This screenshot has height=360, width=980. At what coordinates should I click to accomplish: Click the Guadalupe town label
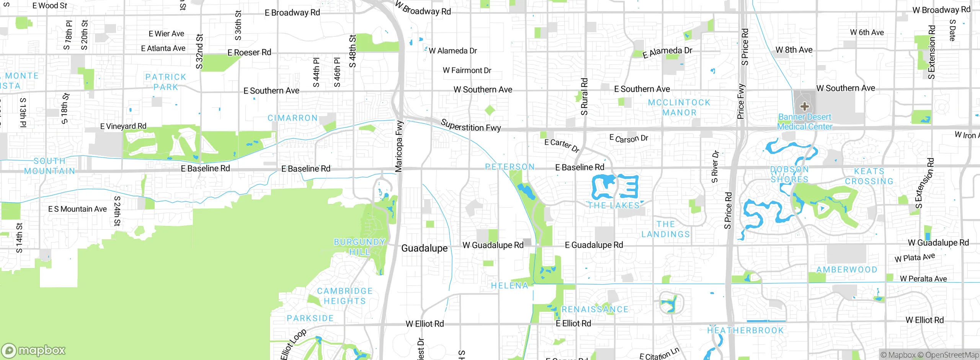click(424, 249)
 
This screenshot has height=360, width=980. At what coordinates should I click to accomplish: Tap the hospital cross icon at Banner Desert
click(804, 106)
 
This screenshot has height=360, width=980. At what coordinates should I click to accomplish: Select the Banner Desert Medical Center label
click(805, 122)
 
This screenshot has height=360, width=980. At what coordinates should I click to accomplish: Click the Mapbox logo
click(34, 350)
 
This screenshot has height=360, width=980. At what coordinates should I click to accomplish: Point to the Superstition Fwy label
click(470, 126)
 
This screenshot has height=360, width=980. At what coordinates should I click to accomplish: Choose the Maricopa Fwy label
click(399, 146)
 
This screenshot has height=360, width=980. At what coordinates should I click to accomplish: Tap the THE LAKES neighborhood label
click(614, 206)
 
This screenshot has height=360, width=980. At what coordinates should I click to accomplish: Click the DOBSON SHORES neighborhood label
click(789, 174)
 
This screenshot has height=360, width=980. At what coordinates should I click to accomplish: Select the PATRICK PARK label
click(166, 82)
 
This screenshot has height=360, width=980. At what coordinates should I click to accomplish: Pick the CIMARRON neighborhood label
click(292, 118)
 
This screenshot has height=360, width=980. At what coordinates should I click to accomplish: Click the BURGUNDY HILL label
click(359, 247)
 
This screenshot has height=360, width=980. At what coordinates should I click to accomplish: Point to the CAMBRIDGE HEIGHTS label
click(345, 296)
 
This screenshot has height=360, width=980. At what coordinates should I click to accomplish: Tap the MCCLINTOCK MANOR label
click(679, 108)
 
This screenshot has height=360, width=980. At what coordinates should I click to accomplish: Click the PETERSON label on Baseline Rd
click(510, 167)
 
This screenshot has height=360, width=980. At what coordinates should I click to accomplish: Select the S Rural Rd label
click(584, 97)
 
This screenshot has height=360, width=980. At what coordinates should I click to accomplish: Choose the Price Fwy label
click(741, 101)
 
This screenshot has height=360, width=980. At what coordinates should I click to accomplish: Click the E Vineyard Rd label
click(123, 126)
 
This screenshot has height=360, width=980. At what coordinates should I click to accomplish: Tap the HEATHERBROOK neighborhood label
click(745, 331)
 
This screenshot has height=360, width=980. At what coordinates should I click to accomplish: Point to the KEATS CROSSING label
click(869, 176)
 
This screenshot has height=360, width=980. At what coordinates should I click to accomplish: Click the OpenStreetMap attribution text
click(951, 355)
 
